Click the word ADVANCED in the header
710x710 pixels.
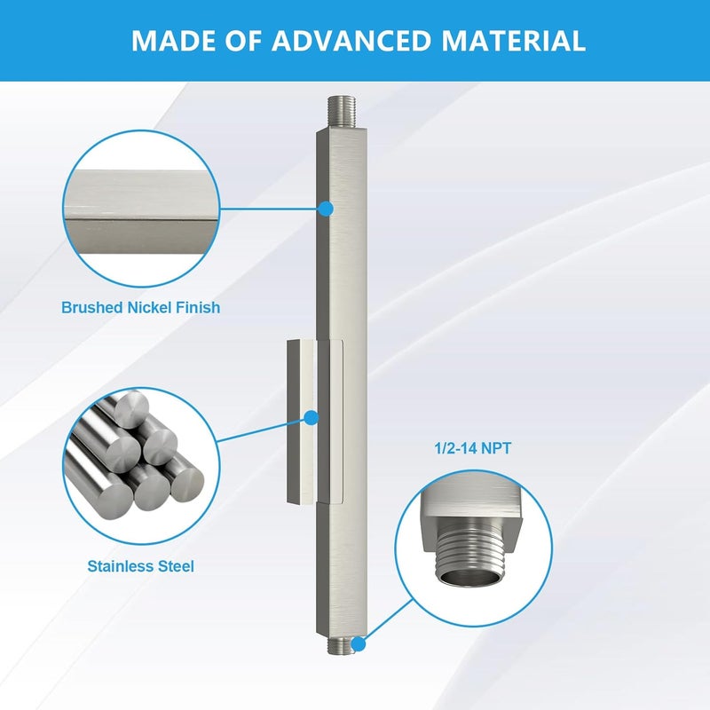[351, 41]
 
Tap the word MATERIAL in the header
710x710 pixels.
[514, 41]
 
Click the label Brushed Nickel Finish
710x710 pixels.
[141, 307]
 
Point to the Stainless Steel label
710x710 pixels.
[140, 566]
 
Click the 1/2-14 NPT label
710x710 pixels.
[473, 448]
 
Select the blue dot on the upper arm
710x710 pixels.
[325, 209]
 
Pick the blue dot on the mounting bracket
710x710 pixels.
[312, 418]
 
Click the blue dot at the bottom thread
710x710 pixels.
[359, 644]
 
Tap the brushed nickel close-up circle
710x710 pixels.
[141, 209]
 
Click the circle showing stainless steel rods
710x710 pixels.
[141, 466]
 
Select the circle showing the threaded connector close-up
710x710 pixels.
[473, 548]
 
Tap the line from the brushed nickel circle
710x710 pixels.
[269, 209]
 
